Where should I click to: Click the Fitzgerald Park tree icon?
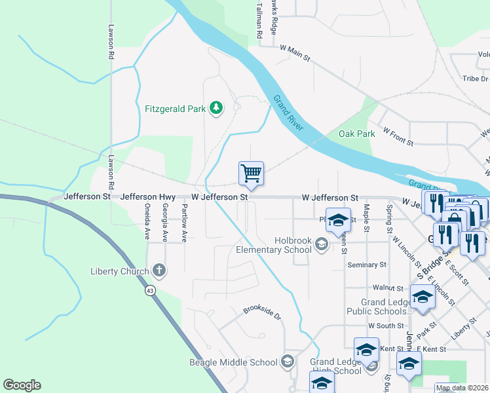[216, 107]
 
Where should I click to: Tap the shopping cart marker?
[251, 174]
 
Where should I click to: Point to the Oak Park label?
[357, 134]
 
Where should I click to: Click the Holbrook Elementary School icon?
[321, 245]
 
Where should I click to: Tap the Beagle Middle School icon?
[287, 362]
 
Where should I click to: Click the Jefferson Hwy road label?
[148, 196]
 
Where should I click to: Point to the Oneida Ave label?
[147, 221]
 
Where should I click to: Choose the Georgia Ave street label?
[165, 221]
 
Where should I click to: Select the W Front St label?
[398, 137]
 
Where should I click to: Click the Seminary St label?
[368, 265]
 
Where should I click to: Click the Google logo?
[22, 385]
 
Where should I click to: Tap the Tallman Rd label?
[259, 20]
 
